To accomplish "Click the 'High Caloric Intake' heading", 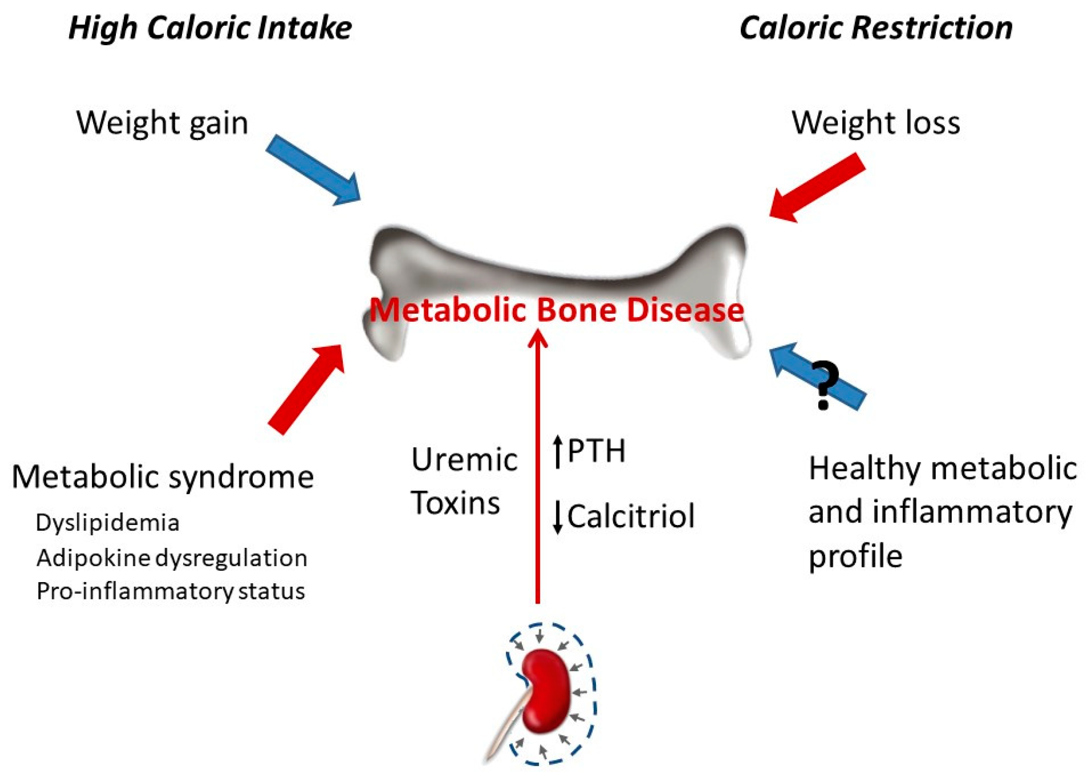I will pyautogui.click(x=210, y=27).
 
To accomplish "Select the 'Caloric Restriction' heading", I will pyautogui.click(x=876, y=27).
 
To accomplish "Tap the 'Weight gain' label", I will pyautogui.click(x=162, y=122).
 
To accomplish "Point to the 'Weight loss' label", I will pyautogui.click(x=876, y=122).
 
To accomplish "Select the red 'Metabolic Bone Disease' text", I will pyautogui.click(x=556, y=310).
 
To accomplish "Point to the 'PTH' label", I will pyautogui.click(x=596, y=451).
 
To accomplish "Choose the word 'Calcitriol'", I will pyautogui.click(x=630, y=516).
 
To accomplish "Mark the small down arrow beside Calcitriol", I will pyautogui.click(x=558, y=517).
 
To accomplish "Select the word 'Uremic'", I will pyautogui.click(x=464, y=459).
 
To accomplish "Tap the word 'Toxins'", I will pyautogui.click(x=455, y=503).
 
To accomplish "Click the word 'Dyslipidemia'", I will pyautogui.click(x=107, y=523).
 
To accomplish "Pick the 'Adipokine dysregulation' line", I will pyautogui.click(x=172, y=558).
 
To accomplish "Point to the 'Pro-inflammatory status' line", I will pyautogui.click(x=171, y=591).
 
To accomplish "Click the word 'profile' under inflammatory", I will pyautogui.click(x=855, y=556).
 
